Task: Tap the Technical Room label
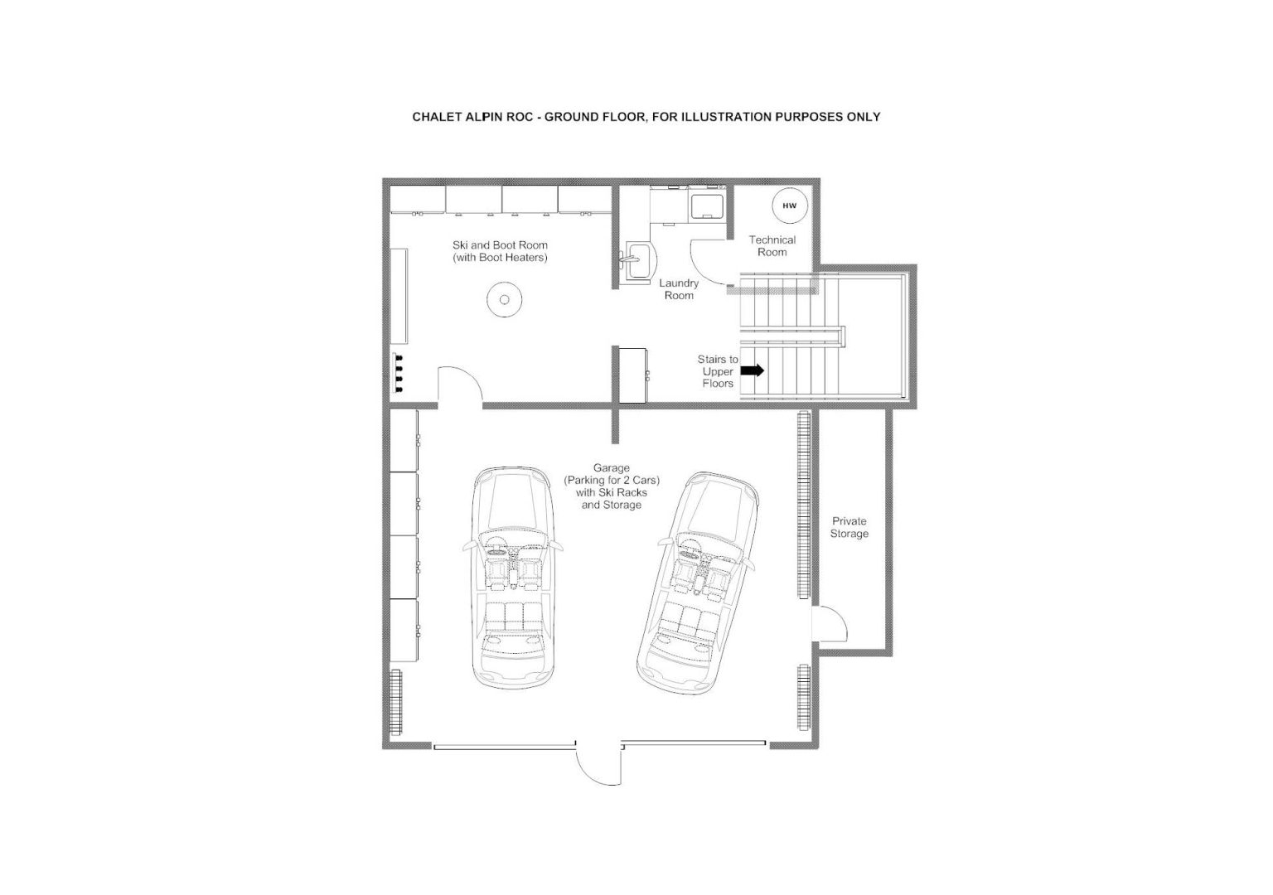click(772, 246)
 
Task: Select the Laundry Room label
click(679, 289)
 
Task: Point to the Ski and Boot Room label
click(500, 251)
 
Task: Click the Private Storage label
click(849, 527)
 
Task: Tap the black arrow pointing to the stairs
click(753, 370)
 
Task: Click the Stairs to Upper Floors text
click(718, 371)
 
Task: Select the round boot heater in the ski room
click(505, 299)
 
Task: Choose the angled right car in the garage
click(697, 583)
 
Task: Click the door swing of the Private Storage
click(836, 614)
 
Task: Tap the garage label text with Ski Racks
click(612, 486)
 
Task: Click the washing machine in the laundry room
click(708, 207)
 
